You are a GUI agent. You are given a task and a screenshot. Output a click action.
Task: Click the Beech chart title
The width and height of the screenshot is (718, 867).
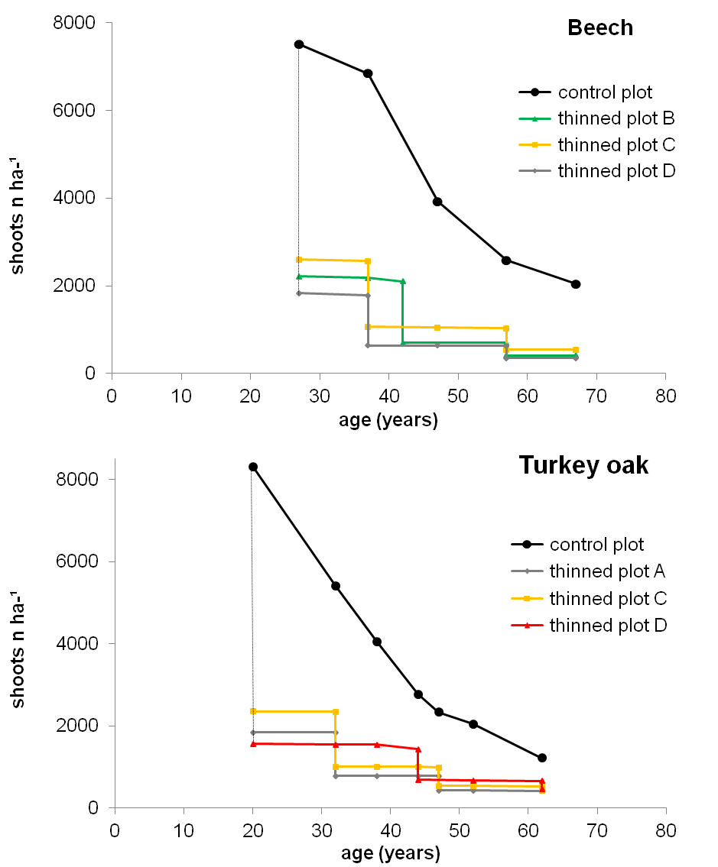[600, 28]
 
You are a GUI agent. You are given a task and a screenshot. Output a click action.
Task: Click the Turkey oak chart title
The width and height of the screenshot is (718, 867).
[584, 465]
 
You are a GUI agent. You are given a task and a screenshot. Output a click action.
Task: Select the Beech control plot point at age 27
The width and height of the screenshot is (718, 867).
[299, 44]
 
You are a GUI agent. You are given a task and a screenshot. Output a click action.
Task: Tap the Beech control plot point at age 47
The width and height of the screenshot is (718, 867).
[437, 202]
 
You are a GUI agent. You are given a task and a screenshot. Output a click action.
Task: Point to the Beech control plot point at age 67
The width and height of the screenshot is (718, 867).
[576, 284]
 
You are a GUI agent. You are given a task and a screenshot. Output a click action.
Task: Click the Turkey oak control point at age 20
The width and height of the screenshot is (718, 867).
[253, 467]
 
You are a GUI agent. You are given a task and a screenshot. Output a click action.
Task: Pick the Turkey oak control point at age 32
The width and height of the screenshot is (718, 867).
[335, 586]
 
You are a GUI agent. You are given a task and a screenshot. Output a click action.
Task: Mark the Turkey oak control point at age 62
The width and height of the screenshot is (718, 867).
[542, 758]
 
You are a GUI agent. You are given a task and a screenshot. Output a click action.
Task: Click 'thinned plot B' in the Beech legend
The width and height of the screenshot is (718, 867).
[616, 118]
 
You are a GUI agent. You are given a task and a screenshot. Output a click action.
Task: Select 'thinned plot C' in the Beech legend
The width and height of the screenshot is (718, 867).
[616, 144]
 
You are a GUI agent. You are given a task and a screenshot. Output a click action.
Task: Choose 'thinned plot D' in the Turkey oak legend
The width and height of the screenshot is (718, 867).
[608, 626]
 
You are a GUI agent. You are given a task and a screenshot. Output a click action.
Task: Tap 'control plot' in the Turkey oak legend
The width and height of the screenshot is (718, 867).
[596, 545]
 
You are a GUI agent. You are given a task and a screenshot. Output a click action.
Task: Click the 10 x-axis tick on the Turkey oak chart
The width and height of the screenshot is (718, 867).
[184, 830]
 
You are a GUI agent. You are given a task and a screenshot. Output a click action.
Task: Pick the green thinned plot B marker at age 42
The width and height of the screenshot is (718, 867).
[402, 281]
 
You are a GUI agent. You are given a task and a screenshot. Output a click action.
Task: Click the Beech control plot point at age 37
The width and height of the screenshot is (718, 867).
[368, 73]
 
